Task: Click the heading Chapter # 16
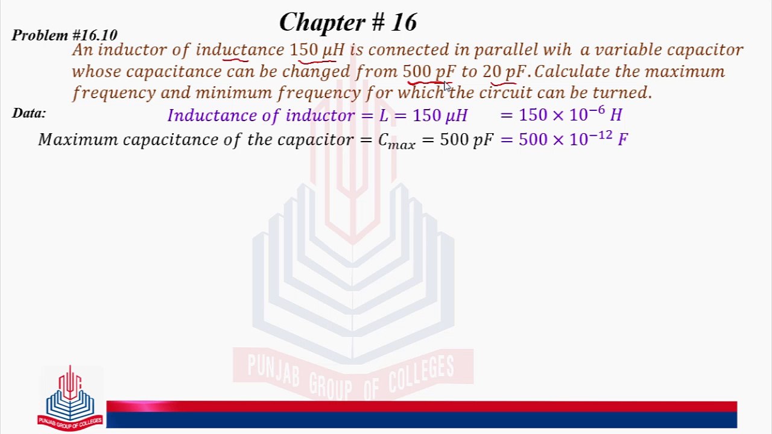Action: [x=348, y=22]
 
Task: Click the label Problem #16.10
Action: [x=65, y=35]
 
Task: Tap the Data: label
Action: [x=29, y=113]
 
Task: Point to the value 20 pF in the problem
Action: [x=504, y=72]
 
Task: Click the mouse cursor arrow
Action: [x=447, y=87]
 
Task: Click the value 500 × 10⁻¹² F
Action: [x=573, y=139]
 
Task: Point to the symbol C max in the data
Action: [x=396, y=141]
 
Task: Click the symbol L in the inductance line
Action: [x=384, y=115]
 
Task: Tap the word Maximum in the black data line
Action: [x=78, y=140]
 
